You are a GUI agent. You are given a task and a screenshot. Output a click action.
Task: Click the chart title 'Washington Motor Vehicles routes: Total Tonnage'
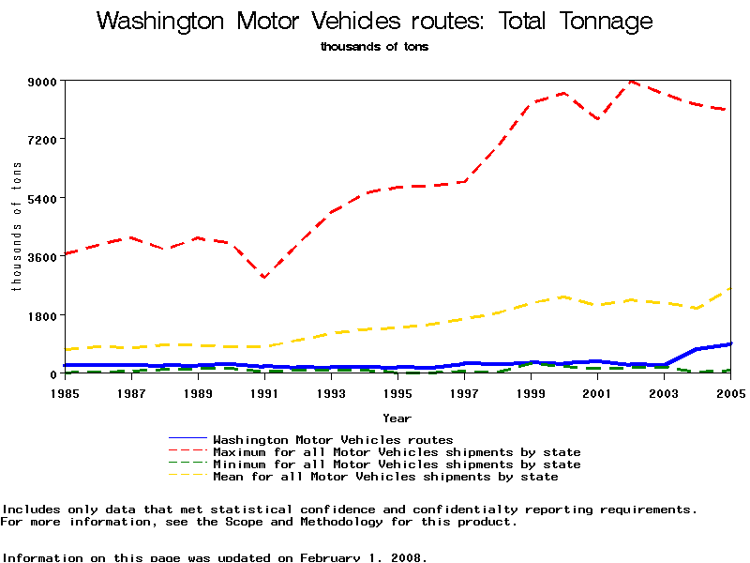pyautogui.click(x=374, y=22)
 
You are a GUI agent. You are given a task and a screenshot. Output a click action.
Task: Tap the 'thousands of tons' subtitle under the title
pyautogui.click(x=374, y=47)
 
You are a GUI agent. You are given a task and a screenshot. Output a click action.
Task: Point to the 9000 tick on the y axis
pyautogui.click(x=42, y=82)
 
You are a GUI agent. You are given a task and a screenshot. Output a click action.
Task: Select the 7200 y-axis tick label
pyautogui.click(x=42, y=140)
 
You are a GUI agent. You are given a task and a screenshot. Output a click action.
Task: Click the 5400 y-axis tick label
pyautogui.click(x=42, y=198)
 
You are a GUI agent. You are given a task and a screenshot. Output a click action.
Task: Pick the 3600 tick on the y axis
pyautogui.click(x=42, y=256)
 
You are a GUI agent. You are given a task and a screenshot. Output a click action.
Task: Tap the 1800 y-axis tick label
pyautogui.click(x=42, y=315)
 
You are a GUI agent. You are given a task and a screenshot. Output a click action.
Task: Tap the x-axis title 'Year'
pyautogui.click(x=397, y=418)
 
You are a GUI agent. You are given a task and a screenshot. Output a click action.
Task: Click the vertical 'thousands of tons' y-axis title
pyautogui.click(x=16, y=226)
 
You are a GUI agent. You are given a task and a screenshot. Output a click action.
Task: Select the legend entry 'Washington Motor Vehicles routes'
pyautogui.click(x=333, y=439)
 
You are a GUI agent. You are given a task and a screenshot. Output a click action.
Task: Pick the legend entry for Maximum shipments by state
pyautogui.click(x=397, y=452)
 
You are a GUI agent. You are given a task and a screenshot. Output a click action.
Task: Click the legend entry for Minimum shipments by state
pyautogui.click(x=397, y=464)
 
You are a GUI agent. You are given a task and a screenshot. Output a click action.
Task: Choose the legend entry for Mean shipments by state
pyautogui.click(x=385, y=477)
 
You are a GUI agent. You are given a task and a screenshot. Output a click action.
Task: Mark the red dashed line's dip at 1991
pyautogui.click(x=264, y=278)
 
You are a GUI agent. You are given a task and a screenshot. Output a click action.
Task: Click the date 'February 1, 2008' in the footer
pyautogui.click(x=363, y=557)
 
